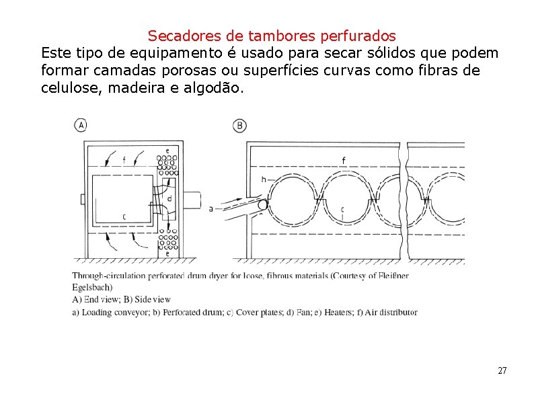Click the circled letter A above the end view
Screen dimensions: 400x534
coord(81,125)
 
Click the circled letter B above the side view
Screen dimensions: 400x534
coord(239,125)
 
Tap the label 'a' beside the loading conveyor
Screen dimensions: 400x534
coord(211,209)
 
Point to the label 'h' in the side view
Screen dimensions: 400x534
coord(264,179)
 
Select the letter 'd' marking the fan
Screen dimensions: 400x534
coord(169,198)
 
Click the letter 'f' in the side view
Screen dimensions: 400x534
coord(344,160)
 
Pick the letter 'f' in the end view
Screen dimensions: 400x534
coord(124,160)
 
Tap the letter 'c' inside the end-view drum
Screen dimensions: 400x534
coord(124,216)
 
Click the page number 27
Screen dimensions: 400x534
coord(502,370)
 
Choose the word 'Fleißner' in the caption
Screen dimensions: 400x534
coord(390,276)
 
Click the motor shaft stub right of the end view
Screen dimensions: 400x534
coord(191,200)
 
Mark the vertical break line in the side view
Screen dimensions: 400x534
coord(404,202)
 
